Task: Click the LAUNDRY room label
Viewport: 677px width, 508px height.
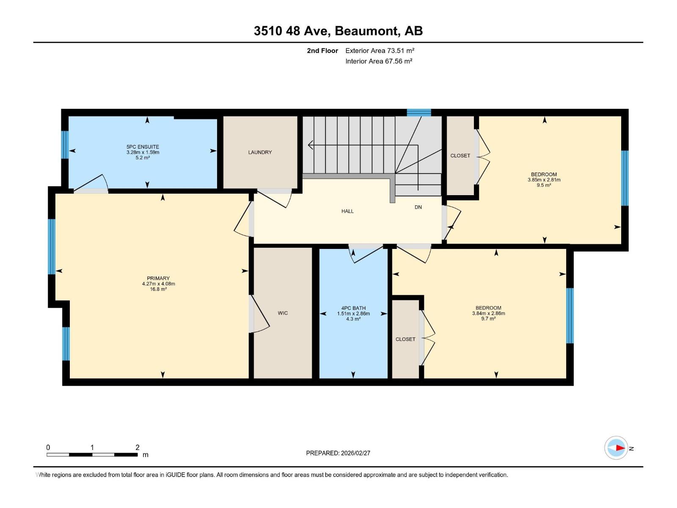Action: point(260,152)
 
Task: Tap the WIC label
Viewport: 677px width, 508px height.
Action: point(283,313)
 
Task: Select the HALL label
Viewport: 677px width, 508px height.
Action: point(347,211)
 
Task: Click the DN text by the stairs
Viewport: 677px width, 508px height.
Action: point(418,207)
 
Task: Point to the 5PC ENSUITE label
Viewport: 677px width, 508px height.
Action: point(143,147)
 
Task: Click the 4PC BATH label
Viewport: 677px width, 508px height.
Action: point(353,308)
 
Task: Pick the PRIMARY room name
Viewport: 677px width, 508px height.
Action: point(158,279)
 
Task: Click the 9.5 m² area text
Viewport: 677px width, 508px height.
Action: point(544,185)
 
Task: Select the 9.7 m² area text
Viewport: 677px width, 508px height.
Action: point(488,319)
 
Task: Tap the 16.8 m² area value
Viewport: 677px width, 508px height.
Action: point(158,290)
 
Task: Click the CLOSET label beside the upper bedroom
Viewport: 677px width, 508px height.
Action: point(460,156)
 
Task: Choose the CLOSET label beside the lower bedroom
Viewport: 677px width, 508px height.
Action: point(405,340)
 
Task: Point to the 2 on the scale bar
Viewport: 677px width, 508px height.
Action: point(138,447)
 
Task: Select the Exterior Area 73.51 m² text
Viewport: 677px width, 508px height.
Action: point(380,51)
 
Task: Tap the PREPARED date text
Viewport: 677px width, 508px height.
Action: point(338,453)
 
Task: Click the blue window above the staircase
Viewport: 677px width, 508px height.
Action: point(418,113)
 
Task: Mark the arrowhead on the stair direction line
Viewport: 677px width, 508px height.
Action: point(310,145)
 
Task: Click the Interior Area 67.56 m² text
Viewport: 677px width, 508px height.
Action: point(379,61)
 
